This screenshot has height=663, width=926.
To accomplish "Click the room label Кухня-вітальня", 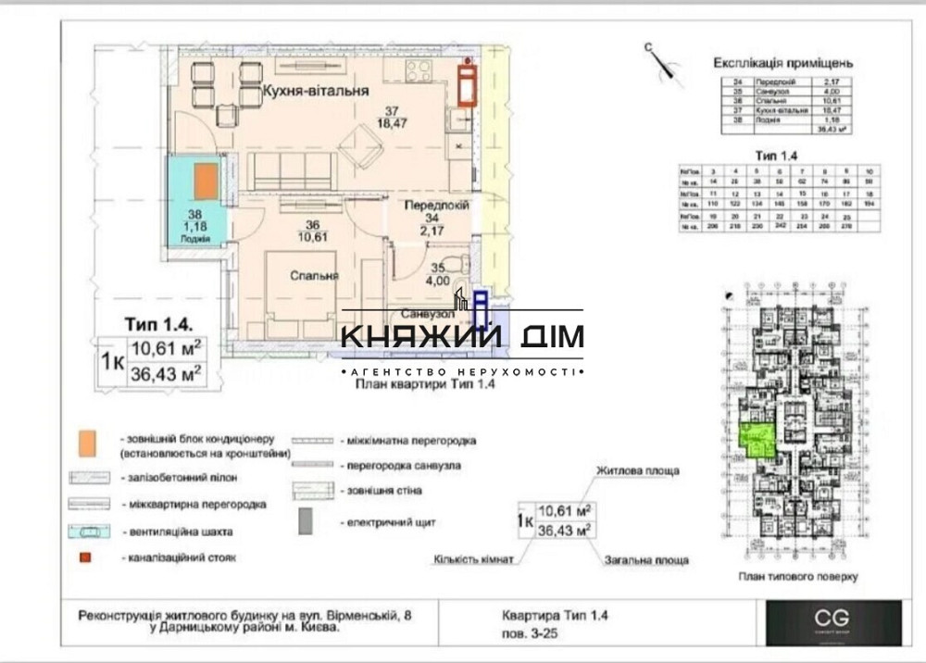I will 316,92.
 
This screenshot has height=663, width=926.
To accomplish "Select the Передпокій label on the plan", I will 436,205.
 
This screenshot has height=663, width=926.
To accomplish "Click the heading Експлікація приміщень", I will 783,63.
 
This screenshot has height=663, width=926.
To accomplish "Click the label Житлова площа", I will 637,470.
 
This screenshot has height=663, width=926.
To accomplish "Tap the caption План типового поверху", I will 798,576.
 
